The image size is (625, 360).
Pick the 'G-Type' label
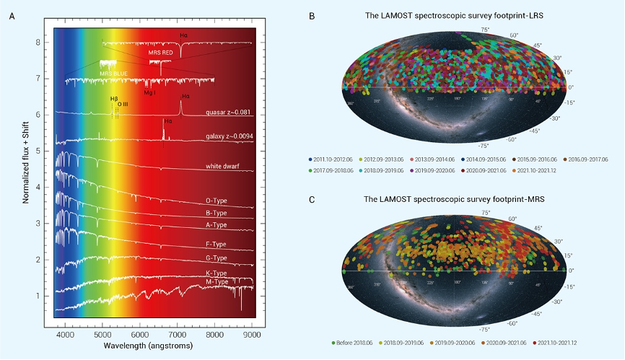pos(217,258)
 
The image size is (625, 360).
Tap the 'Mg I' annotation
pos(149,93)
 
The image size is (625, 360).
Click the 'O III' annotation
pos(123,105)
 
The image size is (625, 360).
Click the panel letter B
pos(311,15)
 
